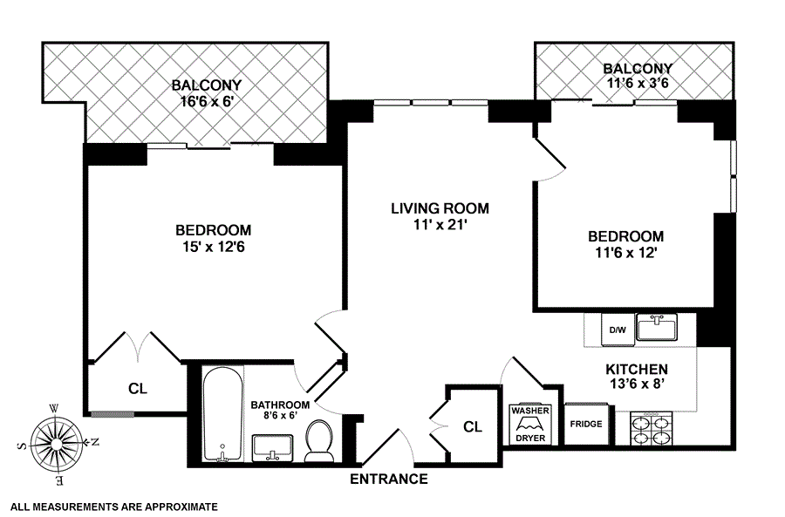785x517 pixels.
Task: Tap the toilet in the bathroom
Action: pos(319,441)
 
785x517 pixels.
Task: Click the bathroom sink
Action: pos(273,448)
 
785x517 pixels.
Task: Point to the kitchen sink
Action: pos(656,327)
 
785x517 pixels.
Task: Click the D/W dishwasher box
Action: pos(618,330)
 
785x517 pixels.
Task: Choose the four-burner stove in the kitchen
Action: pos(651,428)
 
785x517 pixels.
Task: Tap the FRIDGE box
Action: pos(586,424)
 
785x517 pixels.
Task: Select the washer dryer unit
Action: pos(530,425)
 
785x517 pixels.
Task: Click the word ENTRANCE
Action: pos(389,479)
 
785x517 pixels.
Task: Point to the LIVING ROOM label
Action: pos(440,208)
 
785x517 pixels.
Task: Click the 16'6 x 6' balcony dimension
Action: pos(207,102)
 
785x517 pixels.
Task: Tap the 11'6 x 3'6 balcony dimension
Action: pos(638,83)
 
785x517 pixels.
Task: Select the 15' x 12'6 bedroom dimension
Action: pos(214,247)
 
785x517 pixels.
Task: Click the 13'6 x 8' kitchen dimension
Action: pos(637,384)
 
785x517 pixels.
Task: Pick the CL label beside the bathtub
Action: pos(138,388)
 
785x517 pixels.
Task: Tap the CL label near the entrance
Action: pos(473,426)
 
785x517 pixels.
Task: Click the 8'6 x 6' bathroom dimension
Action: pos(280,414)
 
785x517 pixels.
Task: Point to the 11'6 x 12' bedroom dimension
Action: pos(625,252)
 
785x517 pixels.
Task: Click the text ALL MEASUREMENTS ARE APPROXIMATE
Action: pos(114,507)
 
